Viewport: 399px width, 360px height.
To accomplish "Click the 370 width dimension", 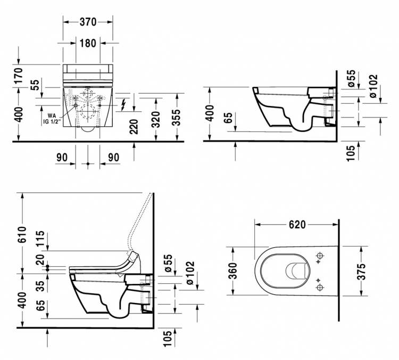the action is click(88, 22).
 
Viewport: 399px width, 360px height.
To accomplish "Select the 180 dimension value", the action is click(88, 43).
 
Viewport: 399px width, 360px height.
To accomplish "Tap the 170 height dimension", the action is click(19, 76).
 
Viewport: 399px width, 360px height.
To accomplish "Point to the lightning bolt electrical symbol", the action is click(123, 105).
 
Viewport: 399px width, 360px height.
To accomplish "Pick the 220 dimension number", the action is click(134, 127).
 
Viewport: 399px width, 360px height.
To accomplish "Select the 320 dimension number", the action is click(155, 119).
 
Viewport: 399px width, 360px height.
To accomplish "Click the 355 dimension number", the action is click(176, 118).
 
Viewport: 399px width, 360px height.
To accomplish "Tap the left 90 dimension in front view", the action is click(62, 158).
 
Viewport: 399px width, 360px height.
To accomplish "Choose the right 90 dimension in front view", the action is click(113, 158).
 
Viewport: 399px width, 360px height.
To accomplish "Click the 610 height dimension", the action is click(22, 234).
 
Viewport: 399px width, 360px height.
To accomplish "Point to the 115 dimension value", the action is click(40, 239).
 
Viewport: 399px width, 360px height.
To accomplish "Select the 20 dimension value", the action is click(40, 260).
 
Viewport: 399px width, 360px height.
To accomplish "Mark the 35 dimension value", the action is click(40, 286).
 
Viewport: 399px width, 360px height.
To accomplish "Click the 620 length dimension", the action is click(297, 225).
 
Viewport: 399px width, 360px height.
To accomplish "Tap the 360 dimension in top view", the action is click(233, 271).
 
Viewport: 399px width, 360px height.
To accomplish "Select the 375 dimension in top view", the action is click(361, 272).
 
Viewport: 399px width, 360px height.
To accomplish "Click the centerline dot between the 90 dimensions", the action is click(88, 164).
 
